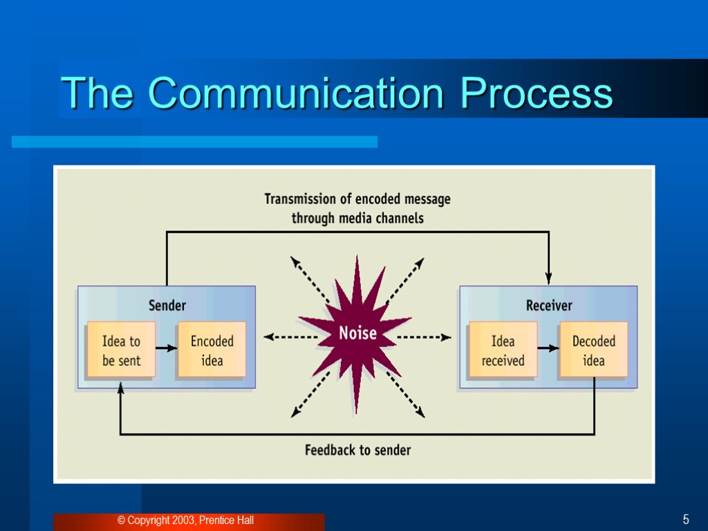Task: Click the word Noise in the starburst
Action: (357, 333)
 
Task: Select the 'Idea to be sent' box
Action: (121, 350)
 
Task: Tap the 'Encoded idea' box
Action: (212, 350)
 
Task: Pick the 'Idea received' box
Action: (503, 350)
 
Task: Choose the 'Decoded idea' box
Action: (593, 350)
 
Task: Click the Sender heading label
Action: (167, 305)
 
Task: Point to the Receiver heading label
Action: (549, 305)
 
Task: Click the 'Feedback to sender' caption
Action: (357, 450)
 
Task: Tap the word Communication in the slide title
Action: (295, 93)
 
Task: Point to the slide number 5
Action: (686, 520)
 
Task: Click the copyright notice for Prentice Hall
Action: (185, 520)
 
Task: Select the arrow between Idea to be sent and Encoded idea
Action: (166, 348)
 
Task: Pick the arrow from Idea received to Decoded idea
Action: (548, 348)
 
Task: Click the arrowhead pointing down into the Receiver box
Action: (549, 278)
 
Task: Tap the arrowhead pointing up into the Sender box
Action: (120, 389)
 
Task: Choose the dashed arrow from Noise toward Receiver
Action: (424, 337)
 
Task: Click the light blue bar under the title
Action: (194, 142)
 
